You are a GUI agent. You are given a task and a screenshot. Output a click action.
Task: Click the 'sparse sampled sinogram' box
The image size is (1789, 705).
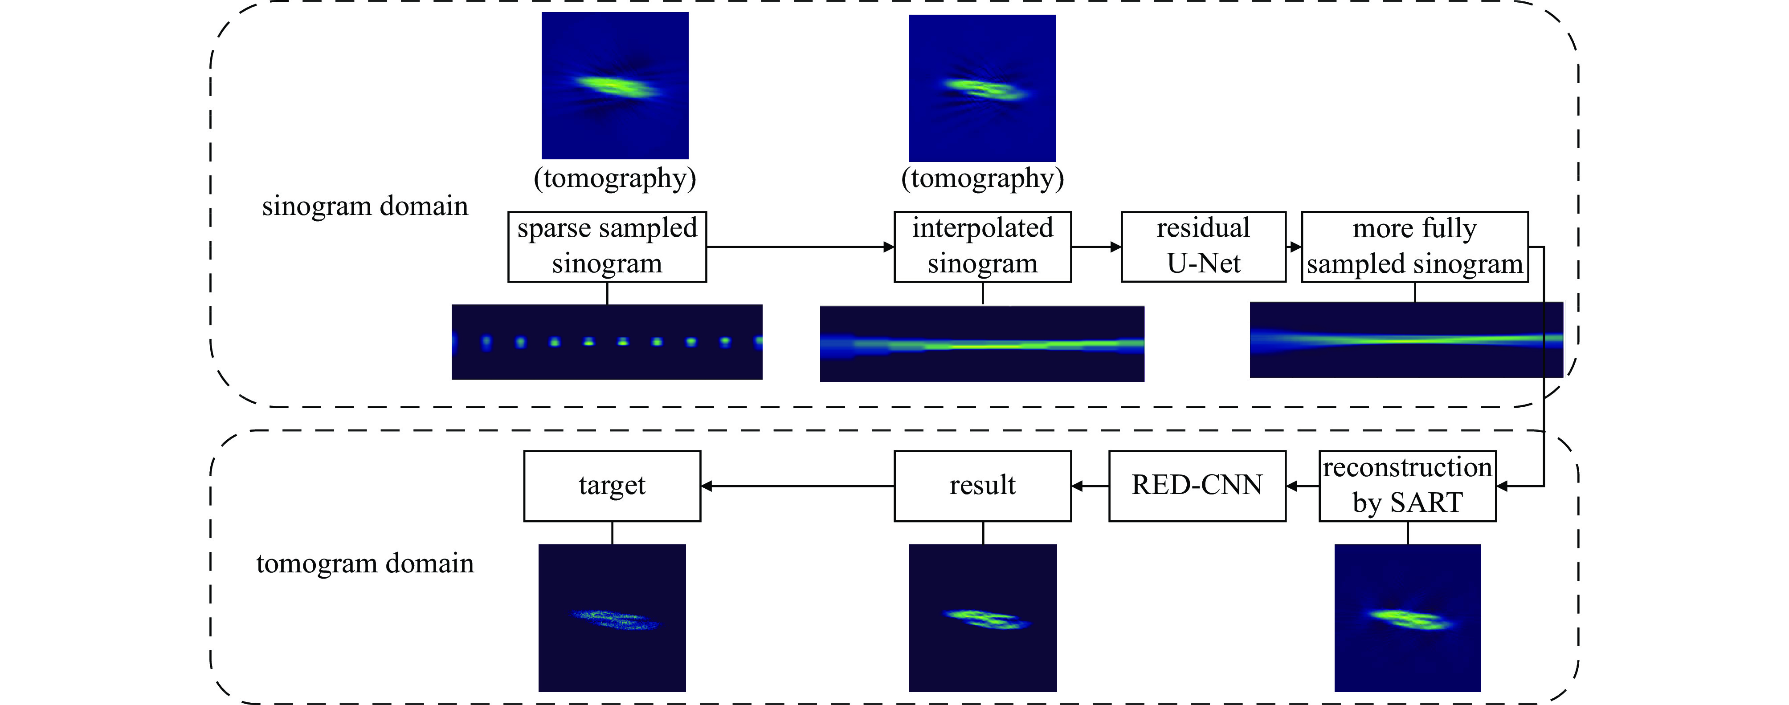tap(607, 247)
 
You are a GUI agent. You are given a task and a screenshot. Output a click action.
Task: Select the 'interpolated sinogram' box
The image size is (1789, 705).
tap(982, 247)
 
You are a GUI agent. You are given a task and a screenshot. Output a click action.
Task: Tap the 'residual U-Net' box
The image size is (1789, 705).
tap(1203, 247)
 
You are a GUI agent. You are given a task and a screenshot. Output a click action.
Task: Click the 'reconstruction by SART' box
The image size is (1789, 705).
tap(1407, 486)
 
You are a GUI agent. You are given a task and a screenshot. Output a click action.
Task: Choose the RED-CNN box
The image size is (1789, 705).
tap(1197, 486)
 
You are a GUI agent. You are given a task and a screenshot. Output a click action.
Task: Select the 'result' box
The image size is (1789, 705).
tap(982, 486)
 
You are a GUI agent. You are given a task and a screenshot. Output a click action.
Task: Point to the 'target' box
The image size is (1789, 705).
tap(612, 486)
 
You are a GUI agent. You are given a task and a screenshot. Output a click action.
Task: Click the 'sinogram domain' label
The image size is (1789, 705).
tap(364, 206)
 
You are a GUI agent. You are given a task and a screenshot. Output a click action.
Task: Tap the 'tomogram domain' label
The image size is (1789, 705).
tap(364, 563)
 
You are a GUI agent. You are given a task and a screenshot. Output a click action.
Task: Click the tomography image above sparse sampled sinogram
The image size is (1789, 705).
tap(615, 85)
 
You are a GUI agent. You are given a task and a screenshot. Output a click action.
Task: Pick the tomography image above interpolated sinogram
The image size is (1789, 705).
tap(982, 88)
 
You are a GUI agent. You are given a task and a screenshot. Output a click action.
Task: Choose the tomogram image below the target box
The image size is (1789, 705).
tap(612, 618)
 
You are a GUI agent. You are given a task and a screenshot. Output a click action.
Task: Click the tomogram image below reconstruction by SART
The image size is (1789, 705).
tap(1407, 618)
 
